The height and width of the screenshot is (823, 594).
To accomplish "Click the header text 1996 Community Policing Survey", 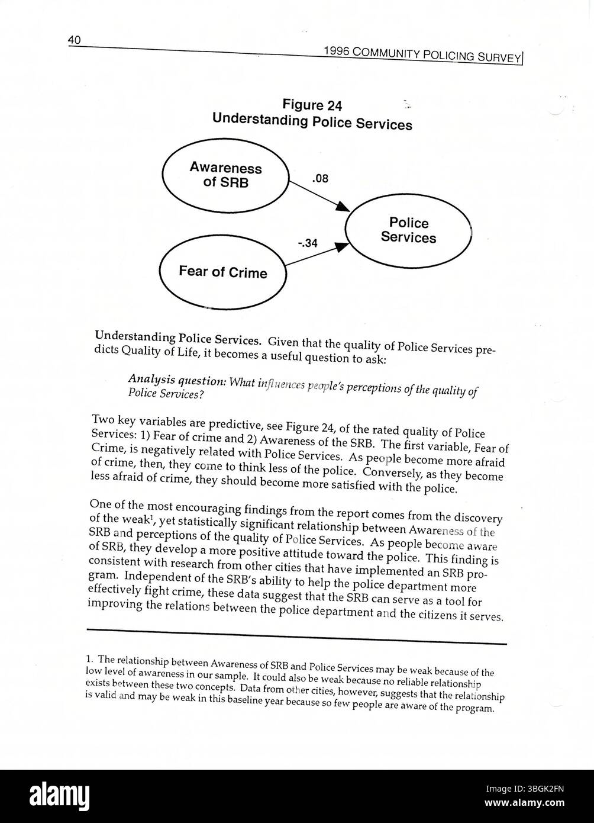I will pos(422,54).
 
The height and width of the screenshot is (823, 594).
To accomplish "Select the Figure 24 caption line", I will pos(312,105).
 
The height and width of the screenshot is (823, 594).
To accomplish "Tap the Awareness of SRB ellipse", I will pos(225,175).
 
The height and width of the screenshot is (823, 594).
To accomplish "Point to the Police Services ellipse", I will pos(408,230).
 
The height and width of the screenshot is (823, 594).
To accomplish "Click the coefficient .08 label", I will pos(319,178).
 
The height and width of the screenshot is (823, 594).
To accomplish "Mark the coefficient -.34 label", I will pos(308,242).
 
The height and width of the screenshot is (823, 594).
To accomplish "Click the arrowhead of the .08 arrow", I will pos(343,207).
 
